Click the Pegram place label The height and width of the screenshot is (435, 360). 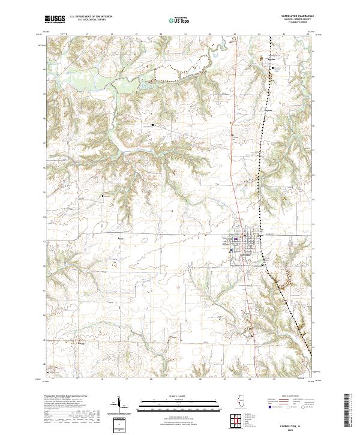268,110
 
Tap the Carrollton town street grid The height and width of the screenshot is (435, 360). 244,240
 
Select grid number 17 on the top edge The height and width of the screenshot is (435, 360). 87,34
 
